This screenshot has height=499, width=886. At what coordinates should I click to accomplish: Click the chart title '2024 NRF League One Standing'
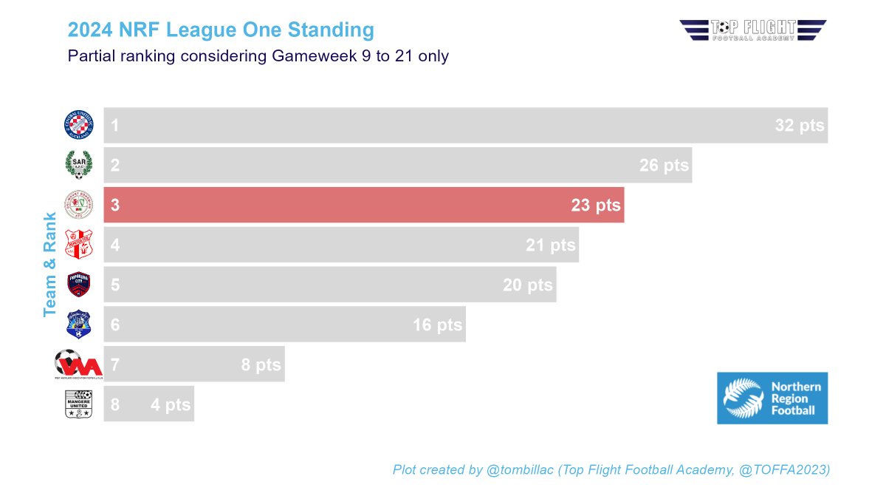(221, 30)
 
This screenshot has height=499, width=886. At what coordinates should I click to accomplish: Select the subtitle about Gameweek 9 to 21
(258, 56)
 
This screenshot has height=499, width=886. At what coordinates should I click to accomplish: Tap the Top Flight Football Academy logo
(752, 30)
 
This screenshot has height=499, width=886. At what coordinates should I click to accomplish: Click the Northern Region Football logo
(772, 398)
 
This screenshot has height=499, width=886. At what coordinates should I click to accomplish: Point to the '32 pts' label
(799, 126)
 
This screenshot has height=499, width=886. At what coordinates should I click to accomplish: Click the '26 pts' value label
(663, 166)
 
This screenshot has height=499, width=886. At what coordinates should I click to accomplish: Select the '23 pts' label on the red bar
(595, 206)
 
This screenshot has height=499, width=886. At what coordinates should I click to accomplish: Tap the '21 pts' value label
(550, 245)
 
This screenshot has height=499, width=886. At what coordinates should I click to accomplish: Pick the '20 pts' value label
(527, 285)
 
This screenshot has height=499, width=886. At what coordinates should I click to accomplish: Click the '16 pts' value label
(437, 325)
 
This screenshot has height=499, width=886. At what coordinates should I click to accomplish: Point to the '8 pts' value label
(261, 365)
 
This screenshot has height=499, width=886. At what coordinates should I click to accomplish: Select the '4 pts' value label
(170, 405)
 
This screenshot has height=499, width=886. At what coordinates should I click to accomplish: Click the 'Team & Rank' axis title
(50, 265)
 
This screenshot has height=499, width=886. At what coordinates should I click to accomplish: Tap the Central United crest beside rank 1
(79, 125)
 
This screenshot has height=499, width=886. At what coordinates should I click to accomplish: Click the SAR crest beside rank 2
(79, 165)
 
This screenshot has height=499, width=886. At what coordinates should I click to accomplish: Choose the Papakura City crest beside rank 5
(79, 285)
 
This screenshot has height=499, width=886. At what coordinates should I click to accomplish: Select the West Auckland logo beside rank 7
(78, 364)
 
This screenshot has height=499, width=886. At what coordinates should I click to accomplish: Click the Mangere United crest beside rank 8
(78, 404)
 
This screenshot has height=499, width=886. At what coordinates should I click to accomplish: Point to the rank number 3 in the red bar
(115, 206)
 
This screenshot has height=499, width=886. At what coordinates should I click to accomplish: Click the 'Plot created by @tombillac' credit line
(611, 469)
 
